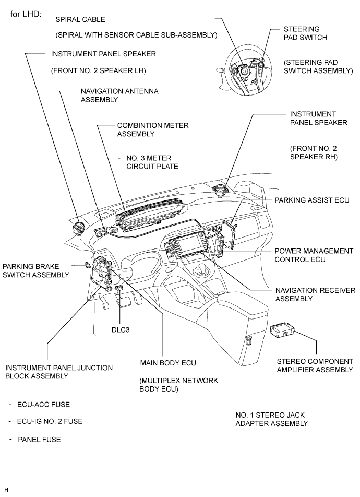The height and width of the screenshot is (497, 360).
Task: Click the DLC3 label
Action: pyautogui.click(x=122, y=330)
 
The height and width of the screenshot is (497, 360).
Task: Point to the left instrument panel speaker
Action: pyautogui.click(x=80, y=228)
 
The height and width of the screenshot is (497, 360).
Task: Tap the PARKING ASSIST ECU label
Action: pyautogui.click(x=311, y=200)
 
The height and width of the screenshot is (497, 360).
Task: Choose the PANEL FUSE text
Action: pyautogui.click(x=39, y=440)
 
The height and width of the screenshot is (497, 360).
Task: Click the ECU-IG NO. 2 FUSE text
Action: pyautogui.click(x=50, y=421)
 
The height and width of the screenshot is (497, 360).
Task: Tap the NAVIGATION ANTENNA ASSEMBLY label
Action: pyautogui.click(x=119, y=95)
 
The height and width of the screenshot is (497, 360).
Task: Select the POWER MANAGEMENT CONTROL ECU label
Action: pyautogui.click(x=314, y=255)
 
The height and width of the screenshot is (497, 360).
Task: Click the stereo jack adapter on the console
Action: pyautogui.click(x=249, y=341)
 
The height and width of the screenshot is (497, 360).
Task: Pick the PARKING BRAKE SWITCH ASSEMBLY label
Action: pyautogui.click(x=35, y=270)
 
